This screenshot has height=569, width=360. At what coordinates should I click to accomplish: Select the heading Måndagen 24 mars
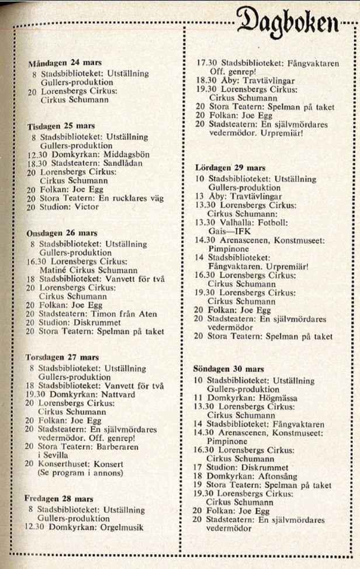point(61,63)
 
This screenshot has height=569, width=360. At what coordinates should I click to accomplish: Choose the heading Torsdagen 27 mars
point(62,356)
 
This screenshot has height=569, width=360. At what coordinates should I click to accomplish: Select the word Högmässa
point(275,398)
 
